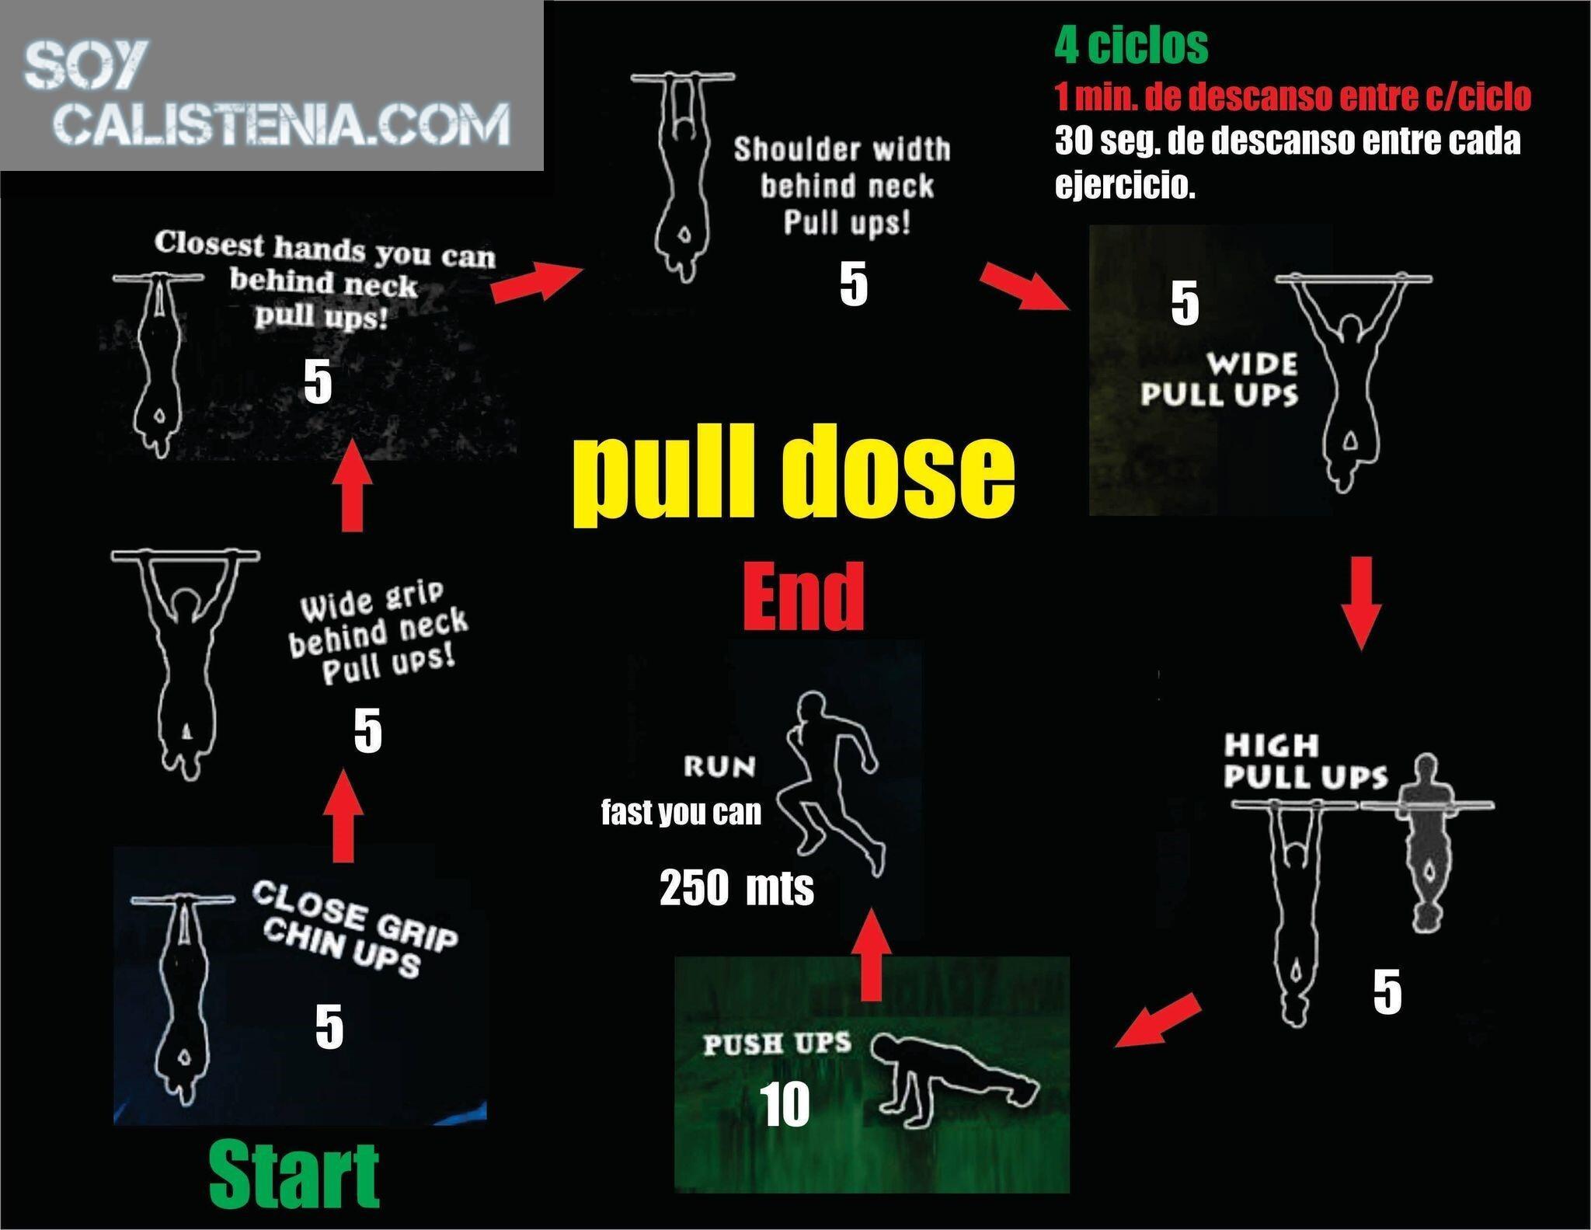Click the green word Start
click(294, 1174)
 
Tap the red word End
click(803, 597)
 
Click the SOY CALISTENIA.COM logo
click(267, 94)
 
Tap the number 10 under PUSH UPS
click(785, 1105)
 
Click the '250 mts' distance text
click(736, 887)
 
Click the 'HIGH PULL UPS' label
click(1305, 761)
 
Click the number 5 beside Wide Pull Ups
click(1185, 302)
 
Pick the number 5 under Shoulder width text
click(853, 284)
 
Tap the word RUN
click(719, 767)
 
